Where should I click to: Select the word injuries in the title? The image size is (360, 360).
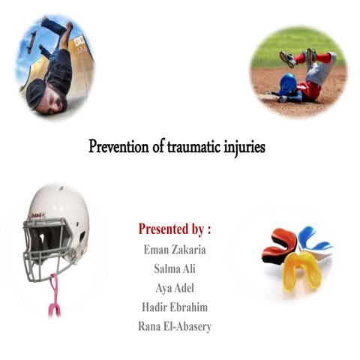coord(244,145)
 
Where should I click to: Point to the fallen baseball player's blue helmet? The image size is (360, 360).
coord(287,85)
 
